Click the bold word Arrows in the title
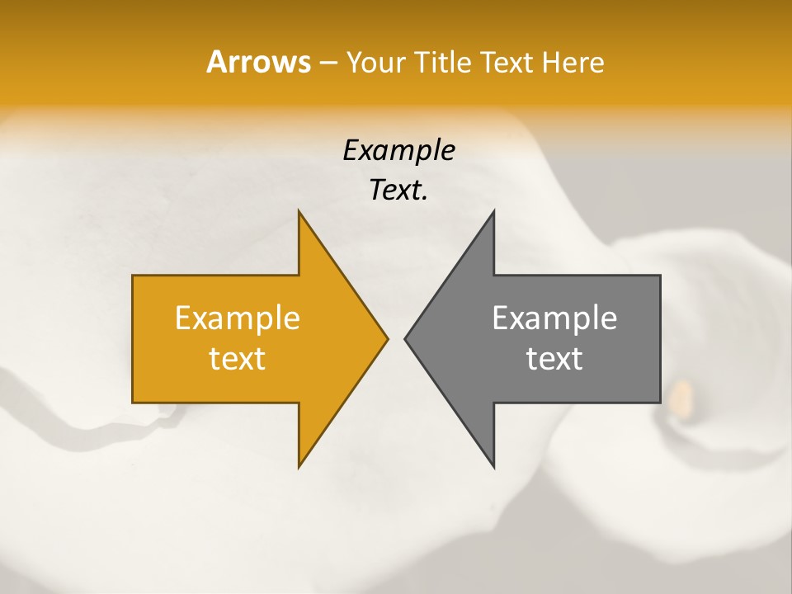257,62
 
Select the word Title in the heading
445,63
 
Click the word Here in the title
573,63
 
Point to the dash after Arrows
327,64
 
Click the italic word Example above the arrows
398,151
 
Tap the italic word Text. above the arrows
398,191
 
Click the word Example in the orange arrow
237,318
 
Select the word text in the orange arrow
237,359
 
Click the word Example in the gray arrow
554,318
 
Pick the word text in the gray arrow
554,359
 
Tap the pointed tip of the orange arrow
386,338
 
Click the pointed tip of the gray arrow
406,338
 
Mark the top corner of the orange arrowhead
299,213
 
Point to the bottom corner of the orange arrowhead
299,466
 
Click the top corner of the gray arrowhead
493,213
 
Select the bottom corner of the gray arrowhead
493,466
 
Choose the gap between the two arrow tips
396,338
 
